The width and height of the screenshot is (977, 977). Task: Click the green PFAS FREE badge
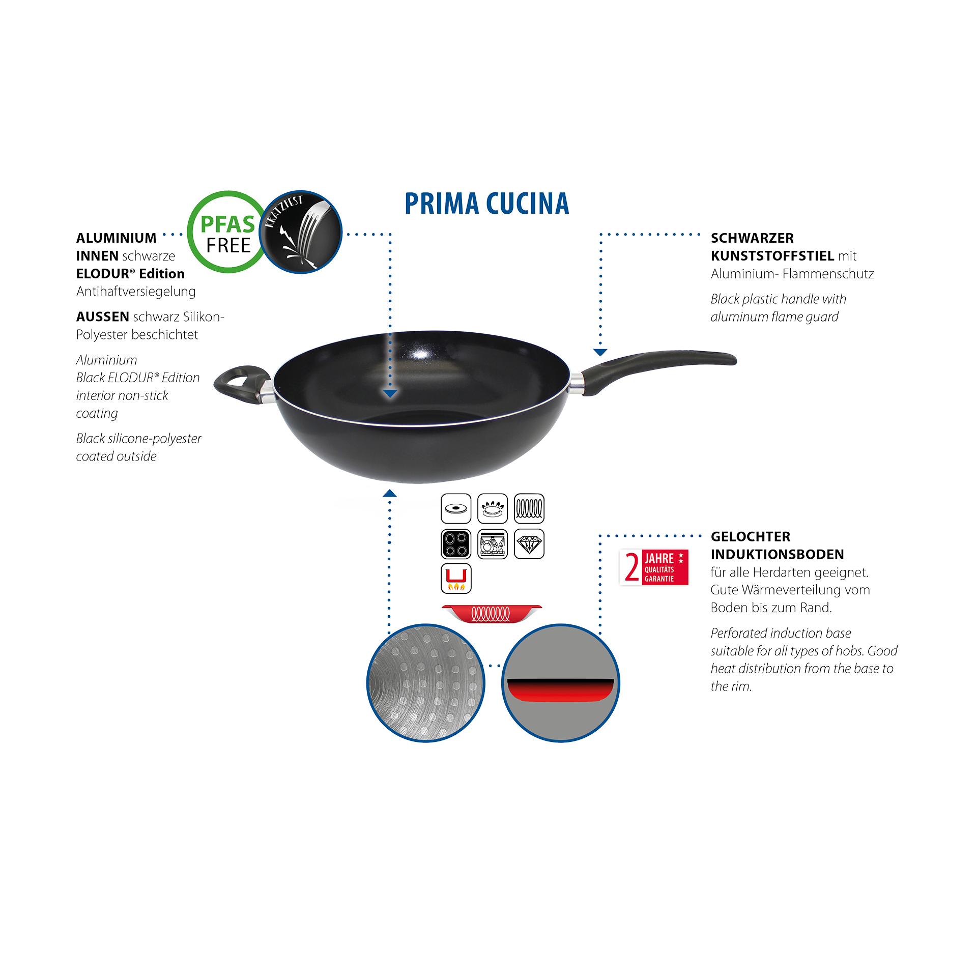pos(227,232)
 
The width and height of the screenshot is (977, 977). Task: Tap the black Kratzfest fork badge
pos(301,232)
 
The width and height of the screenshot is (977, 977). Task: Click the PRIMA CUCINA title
pos(486,204)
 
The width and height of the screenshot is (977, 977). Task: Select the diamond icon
pos(529,544)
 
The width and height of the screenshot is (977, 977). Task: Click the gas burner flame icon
pos(492,508)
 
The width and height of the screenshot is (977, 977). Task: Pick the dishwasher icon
pos(492,544)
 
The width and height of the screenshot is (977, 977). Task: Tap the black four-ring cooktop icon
pos(456,544)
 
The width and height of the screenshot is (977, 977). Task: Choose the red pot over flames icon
pos(456,579)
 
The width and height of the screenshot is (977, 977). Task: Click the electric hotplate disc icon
pos(456,508)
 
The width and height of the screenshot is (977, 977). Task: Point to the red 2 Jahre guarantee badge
pos(654,567)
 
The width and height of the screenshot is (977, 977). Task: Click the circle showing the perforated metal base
pos(425,683)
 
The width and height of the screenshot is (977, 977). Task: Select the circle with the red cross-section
pos(560,683)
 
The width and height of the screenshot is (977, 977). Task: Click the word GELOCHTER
pos(751,536)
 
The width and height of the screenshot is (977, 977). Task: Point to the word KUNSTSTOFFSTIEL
pos(772,255)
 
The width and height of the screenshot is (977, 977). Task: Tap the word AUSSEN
pos(102,317)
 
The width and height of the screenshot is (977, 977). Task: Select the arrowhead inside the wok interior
pos(390,393)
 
